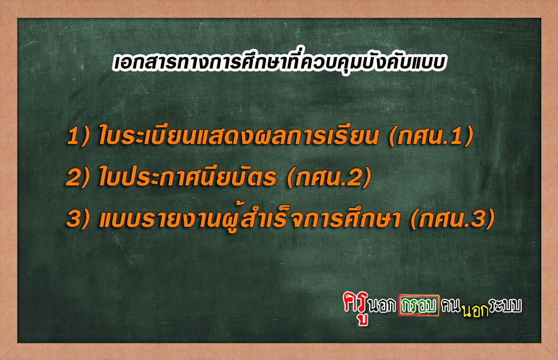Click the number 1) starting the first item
(78, 136)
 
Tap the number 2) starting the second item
(78, 177)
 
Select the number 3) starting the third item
(78, 219)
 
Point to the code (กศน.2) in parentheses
(329, 177)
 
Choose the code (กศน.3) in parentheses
(453, 219)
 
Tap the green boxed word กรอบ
(419, 305)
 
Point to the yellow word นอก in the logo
(476, 310)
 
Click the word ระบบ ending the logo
(506, 305)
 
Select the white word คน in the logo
(451, 305)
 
